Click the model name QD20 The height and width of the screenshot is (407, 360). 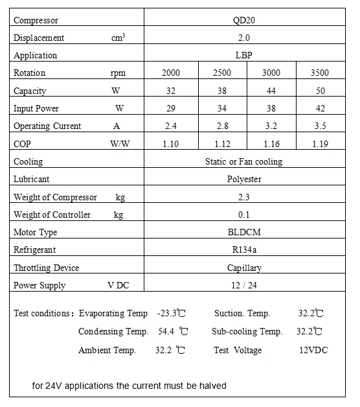pos(244,20)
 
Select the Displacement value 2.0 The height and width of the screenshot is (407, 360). pos(244,38)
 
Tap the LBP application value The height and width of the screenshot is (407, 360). pos(244,56)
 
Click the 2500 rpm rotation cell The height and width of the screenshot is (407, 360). pos(222,73)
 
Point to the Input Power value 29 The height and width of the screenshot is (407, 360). pos(170,108)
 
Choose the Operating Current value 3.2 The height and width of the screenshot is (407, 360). pos(271,126)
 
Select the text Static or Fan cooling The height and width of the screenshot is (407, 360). pos(244,161)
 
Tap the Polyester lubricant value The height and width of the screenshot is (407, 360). pos(244,179)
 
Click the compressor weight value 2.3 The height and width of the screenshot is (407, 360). pos(244,197)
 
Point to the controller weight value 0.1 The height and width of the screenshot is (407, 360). pos(244,215)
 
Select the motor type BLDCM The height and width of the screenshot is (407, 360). pos(244,232)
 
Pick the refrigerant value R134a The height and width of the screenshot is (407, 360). pos(244,250)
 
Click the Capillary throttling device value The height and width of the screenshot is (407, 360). pos(244,268)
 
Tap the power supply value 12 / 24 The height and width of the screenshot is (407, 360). pos(244,285)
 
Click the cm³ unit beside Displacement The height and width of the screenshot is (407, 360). pos(118,38)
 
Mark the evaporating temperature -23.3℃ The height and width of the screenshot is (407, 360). pos(172,314)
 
